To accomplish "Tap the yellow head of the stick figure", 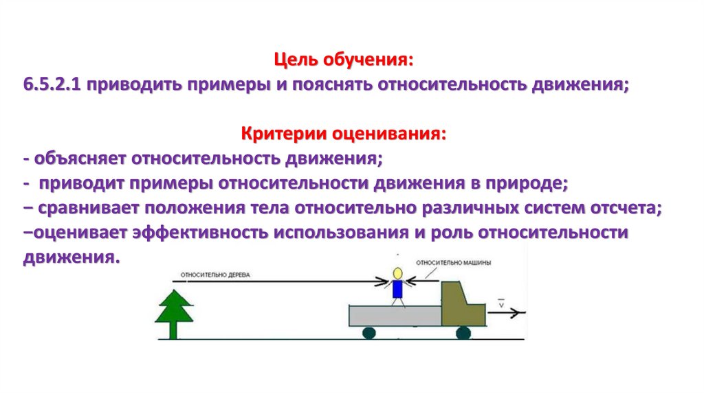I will pos(397,273).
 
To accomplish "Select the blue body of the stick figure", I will pos(397,289).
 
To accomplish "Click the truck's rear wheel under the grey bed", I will pos(369,333).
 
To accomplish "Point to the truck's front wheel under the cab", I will pos(463,333).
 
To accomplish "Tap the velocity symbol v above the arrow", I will pos(501,302).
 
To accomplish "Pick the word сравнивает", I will pos(89,208).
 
